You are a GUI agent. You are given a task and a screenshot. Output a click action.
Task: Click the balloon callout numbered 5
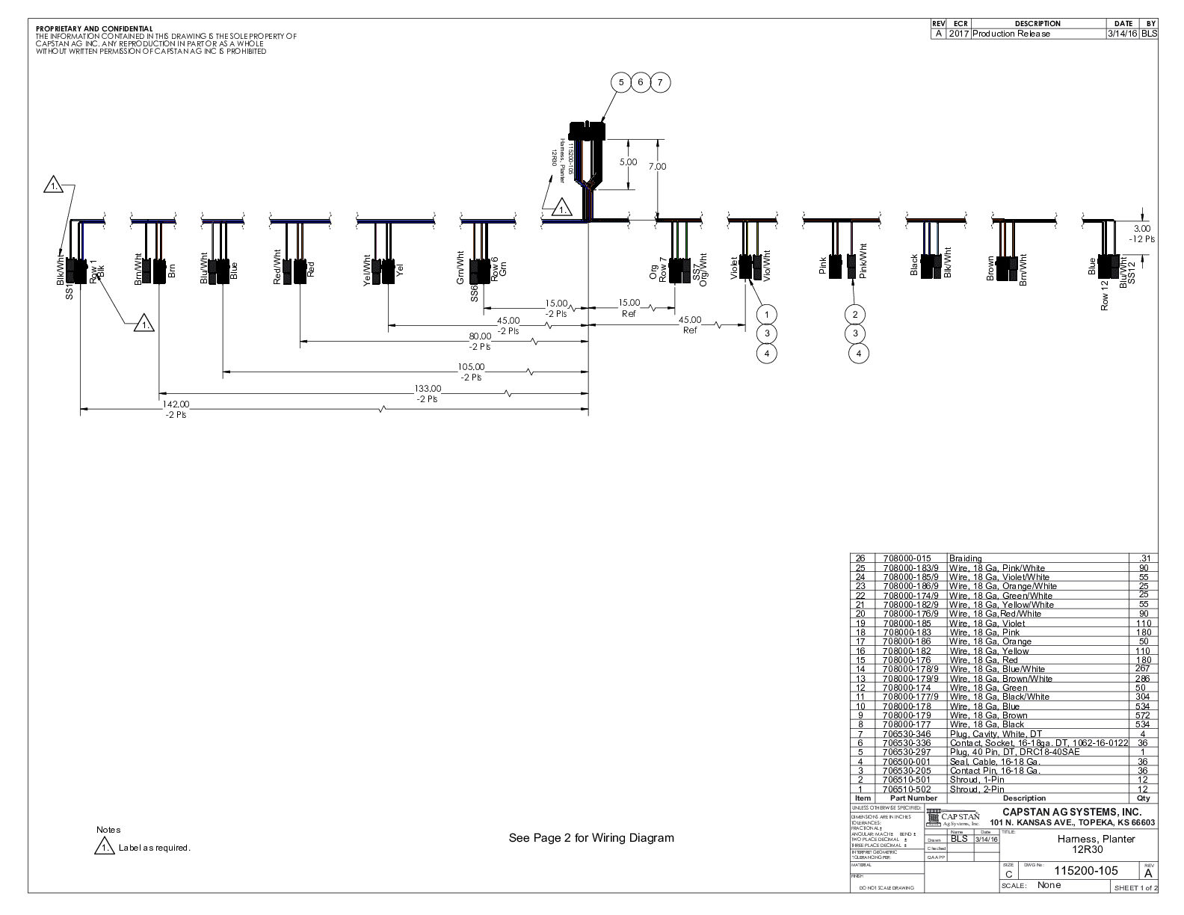pos(622,82)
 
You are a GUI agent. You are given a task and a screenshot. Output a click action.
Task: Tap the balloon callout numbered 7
pos(660,82)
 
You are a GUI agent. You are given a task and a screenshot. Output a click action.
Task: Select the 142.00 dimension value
pos(176,404)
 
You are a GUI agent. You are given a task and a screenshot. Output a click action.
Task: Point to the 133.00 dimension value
pos(428,389)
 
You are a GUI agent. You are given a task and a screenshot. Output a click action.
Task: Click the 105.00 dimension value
pos(472,367)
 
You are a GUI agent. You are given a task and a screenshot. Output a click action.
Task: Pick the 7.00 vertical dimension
pos(657,167)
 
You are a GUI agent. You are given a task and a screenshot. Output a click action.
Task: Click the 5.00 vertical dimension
pos(629,162)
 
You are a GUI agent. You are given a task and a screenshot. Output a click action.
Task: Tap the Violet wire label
pos(734,268)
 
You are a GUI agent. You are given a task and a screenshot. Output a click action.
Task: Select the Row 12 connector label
pos(1105,295)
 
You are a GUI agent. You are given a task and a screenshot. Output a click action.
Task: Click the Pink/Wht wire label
pos(863,261)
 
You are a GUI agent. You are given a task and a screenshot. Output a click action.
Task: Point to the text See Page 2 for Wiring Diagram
pos(591,838)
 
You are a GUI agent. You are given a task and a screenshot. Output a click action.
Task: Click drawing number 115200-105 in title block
pos(1085,870)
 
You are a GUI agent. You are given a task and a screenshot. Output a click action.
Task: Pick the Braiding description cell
pos(965,558)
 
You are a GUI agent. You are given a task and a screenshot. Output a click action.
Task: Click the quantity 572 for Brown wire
pos(1143,715)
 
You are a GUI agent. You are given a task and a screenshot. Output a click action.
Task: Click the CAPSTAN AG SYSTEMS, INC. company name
pos(1071,812)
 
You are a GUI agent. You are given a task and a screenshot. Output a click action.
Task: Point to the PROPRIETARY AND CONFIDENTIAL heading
pos(94,28)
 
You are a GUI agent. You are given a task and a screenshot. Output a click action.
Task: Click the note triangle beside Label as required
pos(104,848)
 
